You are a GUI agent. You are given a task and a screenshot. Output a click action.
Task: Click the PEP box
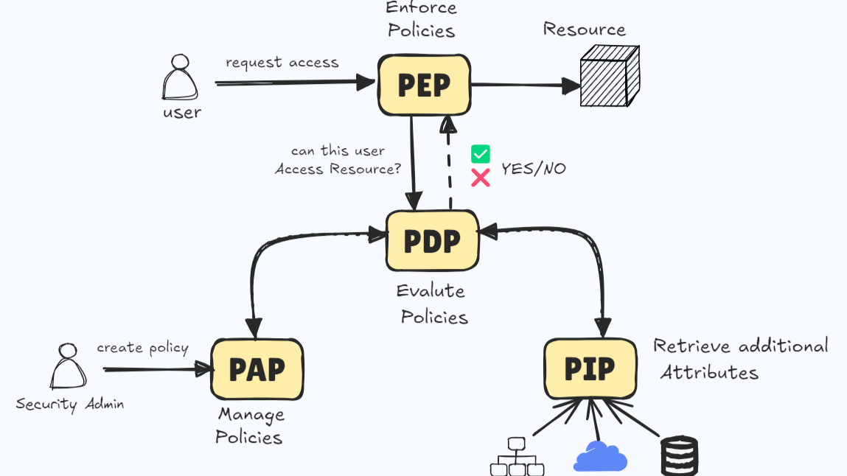tap(424, 85)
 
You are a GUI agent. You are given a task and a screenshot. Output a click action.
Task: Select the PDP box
tap(432, 240)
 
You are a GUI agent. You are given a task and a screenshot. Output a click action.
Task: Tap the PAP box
tap(257, 368)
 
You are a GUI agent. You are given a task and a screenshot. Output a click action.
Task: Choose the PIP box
tap(590, 368)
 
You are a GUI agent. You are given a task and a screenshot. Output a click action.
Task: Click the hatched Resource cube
tap(608, 77)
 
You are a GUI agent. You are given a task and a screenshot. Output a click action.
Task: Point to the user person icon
tap(180, 79)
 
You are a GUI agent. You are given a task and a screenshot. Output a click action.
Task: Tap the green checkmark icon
tap(481, 154)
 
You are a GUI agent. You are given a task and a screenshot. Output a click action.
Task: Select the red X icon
tap(481, 178)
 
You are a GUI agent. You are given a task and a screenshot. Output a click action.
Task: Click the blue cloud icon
tap(600, 458)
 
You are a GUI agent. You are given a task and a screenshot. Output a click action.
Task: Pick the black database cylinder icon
tap(679, 456)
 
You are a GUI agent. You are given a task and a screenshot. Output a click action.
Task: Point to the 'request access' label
tap(282, 63)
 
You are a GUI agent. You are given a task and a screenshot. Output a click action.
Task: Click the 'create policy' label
tap(143, 348)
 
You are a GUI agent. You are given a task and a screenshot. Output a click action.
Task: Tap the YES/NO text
tap(534, 169)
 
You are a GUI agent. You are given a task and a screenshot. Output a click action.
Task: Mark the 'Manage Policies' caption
tap(249, 426)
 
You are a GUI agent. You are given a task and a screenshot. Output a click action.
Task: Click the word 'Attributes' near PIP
tap(709, 372)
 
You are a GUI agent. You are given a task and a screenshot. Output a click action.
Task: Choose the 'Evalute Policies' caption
tap(432, 304)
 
